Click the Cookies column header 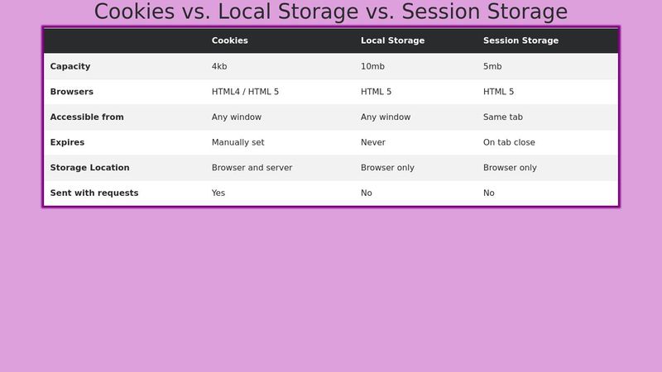(229, 41)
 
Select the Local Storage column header (392, 41)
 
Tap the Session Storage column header (520, 41)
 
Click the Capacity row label (70, 66)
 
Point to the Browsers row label (71, 92)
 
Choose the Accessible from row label (87, 117)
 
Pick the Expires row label (67, 142)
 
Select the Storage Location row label (89, 168)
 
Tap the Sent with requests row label (94, 193)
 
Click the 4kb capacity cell (219, 66)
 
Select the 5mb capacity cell (492, 66)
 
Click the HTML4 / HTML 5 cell (245, 92)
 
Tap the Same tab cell (503, 117)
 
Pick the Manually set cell (237, 142)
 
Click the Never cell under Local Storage (373, 142)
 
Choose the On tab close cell (509, 142)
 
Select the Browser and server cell (252, 168)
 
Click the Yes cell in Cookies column (218, 193)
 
